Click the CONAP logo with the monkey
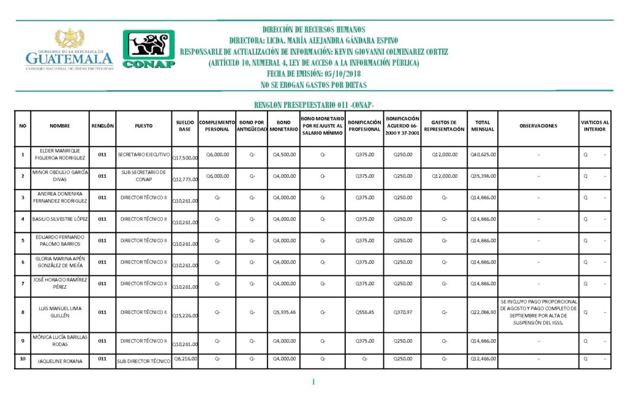point(149,49)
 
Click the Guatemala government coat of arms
point(69,39)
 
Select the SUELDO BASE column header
point(185,126)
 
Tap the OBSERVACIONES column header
point(538,126)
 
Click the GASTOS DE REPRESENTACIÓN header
point(444,126)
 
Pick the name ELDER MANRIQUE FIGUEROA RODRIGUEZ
point(51,155)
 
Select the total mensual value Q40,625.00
point(483,155)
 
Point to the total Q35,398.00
point(483,176)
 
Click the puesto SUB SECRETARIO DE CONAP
point(143,176)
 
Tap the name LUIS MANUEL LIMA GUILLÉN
point(51,312)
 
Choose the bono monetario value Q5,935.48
point(283,312)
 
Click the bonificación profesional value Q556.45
point(364,312)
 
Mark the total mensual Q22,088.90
point(483,312)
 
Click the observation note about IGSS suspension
point(538,312)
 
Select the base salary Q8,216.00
point(185,358)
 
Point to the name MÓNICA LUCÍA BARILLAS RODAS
point(51,340)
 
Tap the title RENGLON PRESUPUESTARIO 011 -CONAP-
point(313,105)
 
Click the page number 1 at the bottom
point(313,383)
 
